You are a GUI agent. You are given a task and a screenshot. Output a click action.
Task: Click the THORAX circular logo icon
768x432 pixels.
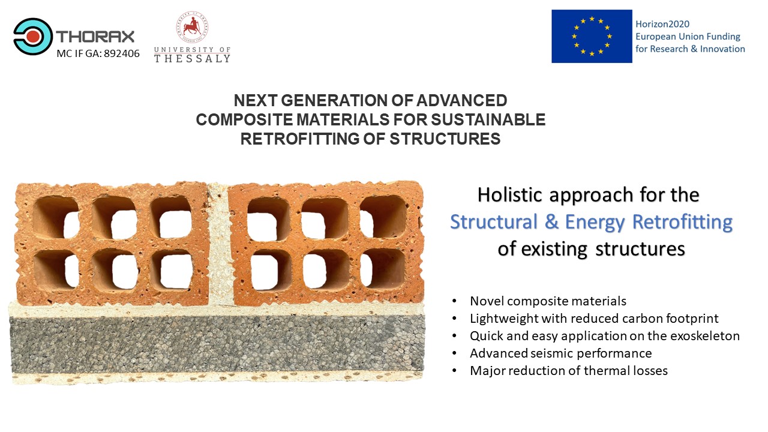click(33, 37)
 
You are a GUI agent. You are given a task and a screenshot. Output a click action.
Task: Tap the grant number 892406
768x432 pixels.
click(122, 53)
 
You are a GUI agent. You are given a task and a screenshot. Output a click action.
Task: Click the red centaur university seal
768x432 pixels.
click(193, 27)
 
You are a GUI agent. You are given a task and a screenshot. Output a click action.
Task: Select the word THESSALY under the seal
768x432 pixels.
click(193, 59)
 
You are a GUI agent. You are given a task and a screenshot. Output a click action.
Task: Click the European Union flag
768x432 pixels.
click(592, 36)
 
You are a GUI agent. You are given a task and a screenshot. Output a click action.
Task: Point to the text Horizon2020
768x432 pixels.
click(662, 24)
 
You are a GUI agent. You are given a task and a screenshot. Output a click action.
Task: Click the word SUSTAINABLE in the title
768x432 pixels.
click(488, 119)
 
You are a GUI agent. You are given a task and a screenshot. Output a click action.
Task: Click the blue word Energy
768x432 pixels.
click(595, 223)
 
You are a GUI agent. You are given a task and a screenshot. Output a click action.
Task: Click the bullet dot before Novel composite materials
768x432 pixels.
click(454, 301)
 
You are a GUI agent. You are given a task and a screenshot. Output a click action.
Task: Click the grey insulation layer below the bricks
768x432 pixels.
click(217, 344)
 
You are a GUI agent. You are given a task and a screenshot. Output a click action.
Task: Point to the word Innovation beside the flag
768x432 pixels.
click(722, 49)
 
